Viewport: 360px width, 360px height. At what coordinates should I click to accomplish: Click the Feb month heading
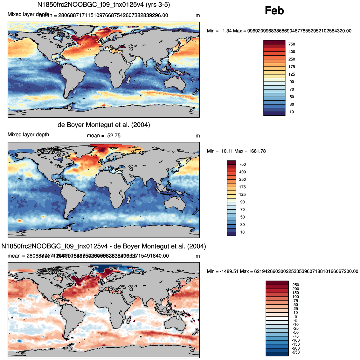pyautogui.click(x=274, y=11)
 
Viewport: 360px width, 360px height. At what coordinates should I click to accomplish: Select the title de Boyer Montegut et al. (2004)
pyautogui.click(x=104, y=125)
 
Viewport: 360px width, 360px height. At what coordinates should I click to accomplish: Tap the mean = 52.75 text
pyautogui.click(x=104, y=136)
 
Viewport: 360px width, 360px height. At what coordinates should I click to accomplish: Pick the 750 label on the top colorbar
pyautogui.click(x=292, y=44)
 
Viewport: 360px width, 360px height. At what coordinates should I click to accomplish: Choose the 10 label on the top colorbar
pyautogui.click(x=292, y=112)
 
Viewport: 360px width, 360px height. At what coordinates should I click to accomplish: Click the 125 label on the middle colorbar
pyautogui.click(x=242, y=194)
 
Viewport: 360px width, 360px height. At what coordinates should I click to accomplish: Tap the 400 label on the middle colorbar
pyautogui.click(x=242, y=172)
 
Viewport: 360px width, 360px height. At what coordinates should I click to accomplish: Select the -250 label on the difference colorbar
pyautogui.click(x=295, y=352)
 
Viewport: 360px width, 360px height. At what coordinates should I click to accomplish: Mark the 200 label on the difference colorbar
pyautogui.click(x=296, y=289)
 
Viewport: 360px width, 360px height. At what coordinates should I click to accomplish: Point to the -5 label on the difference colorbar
pyautogui.click(x=296, y=321)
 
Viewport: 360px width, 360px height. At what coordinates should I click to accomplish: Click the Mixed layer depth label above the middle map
pyautogui.click(x=28, y=135)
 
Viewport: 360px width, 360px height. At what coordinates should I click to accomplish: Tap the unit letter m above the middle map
pyautogui.click(x=197, y=136)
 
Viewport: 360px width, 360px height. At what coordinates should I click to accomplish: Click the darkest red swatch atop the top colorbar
pyautogui.click(x=274, y=42)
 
